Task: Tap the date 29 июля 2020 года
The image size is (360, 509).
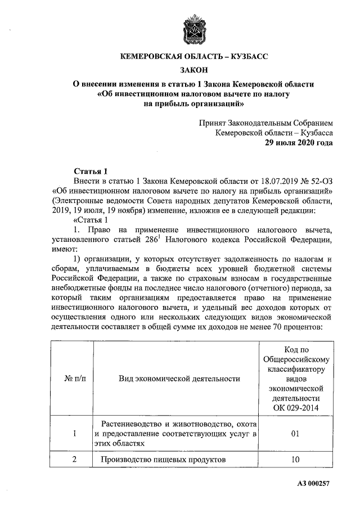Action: tap(299, 143)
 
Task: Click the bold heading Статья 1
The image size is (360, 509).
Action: tap(90, 171)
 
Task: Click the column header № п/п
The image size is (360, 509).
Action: tap(71, 379)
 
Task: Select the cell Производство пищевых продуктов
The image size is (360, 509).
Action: tap(163, 460)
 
